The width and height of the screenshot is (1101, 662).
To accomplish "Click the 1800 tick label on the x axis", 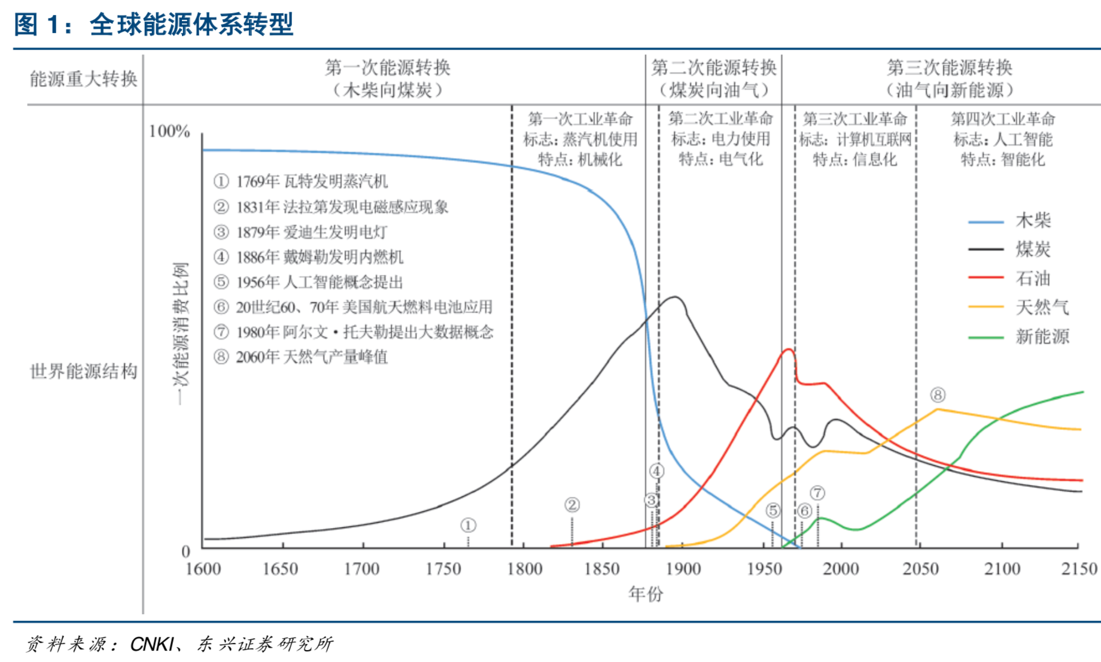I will pos(524,569).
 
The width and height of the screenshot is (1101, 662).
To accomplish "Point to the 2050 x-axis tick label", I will pos(920,569).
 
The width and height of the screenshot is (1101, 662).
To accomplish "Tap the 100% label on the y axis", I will pos(169,131).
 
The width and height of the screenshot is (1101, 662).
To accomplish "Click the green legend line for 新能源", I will pos(986,337).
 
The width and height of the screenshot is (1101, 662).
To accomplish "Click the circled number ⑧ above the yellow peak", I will pos(938,395).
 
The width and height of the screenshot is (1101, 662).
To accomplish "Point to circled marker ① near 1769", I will pos(468,526).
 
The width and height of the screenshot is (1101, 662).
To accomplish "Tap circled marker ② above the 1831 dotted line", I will pos(572,505).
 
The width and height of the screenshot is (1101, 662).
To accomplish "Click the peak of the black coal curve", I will pos(676,297).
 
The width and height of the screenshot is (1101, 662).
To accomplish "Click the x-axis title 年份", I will pos(646,594).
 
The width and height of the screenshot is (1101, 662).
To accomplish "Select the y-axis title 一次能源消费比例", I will pos(181,333).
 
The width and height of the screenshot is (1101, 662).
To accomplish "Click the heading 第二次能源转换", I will pos(713,68).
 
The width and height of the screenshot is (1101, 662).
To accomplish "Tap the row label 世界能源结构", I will pos(83,372).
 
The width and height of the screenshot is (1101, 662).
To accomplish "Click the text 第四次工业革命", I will pos(1003,119).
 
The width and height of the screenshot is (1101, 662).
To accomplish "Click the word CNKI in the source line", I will pos(152,644).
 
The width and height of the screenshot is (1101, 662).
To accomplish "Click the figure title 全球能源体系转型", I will pos(191,25).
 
